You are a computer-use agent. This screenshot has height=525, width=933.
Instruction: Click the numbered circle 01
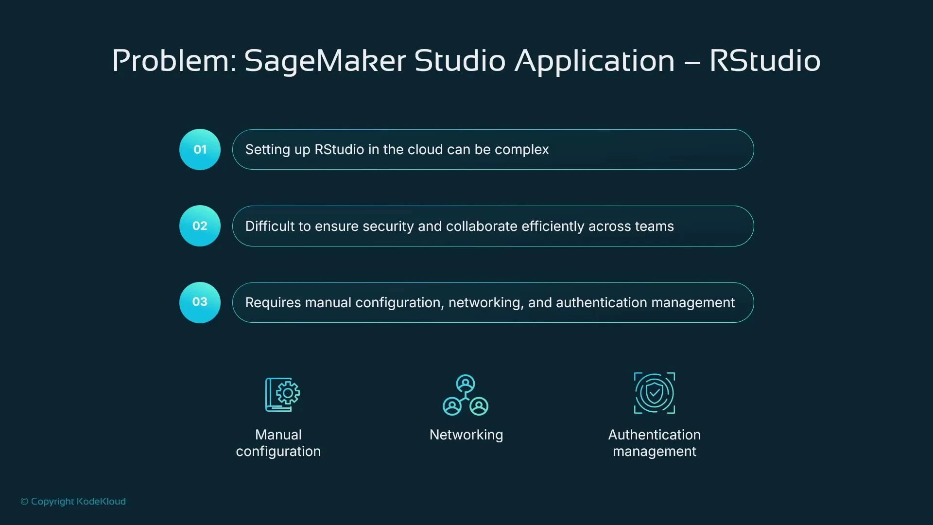point(200,149)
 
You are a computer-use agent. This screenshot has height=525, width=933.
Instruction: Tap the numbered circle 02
point(200,226)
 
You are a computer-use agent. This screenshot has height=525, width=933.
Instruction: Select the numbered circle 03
point(200,302)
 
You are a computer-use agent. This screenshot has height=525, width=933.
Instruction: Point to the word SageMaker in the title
point(325,61)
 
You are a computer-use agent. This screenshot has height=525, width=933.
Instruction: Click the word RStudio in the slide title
point(764,61)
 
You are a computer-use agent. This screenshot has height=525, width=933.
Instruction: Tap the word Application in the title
point(594,61)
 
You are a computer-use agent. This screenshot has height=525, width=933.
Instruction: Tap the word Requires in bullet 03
point(273,302)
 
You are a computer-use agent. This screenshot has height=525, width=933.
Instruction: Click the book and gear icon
point(282,394)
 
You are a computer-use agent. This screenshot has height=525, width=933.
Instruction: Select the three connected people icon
point(466,395)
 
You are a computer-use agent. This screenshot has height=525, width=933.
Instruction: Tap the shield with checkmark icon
point(654,393)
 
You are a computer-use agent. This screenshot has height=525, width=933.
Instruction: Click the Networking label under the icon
point(466,435)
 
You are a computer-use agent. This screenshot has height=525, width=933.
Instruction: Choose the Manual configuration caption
point(278,443)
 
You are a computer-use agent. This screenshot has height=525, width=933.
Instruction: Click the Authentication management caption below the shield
point(654,443)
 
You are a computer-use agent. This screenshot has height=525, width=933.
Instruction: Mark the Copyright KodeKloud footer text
point(73,501)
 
